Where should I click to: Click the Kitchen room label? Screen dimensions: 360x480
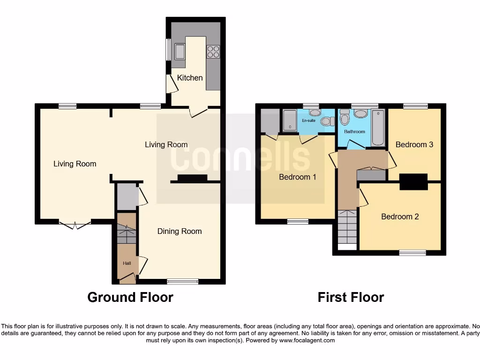(190, 78)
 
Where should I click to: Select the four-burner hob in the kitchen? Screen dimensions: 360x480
(213, 51)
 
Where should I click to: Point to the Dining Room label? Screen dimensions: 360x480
(180, 231)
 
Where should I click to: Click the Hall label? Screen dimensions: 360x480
(127, 263)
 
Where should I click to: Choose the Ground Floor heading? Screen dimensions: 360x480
(130, 297)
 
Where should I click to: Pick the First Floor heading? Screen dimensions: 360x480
(351, 297)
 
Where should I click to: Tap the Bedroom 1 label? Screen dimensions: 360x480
(298, 177)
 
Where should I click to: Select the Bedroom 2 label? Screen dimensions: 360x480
(400, 217)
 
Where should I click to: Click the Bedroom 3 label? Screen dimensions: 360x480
(414, 144)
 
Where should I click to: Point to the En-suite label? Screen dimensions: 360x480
(308, 120)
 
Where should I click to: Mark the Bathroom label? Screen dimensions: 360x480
(354, 132)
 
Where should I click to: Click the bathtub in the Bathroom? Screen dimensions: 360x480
(378, 127)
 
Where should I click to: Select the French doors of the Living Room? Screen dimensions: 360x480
(75, 225)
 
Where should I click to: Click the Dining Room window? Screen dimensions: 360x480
(183, 282)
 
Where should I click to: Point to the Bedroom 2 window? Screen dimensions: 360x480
(412, 253)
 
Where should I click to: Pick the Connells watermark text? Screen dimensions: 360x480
(240, 158)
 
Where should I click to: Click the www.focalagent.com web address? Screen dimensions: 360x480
(307, 341)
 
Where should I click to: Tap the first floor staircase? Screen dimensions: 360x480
(347, 227)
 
